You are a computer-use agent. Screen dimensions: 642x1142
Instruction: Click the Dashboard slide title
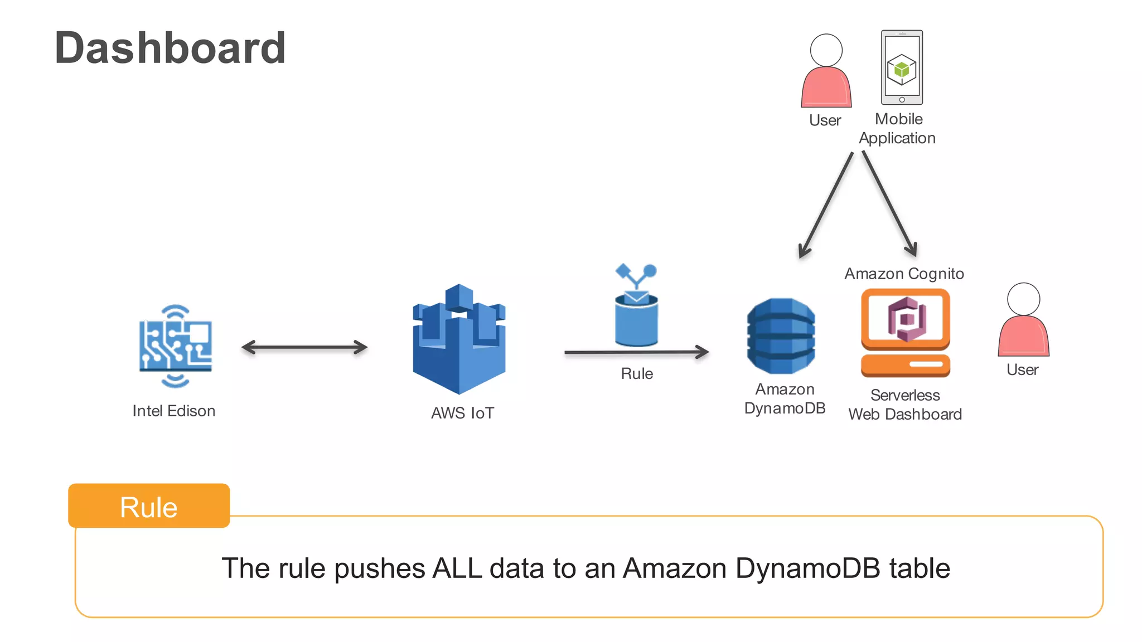[170, 48]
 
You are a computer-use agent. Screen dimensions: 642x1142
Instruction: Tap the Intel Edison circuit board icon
[175, 346]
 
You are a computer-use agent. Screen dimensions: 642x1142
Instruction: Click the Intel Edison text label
[173, 411]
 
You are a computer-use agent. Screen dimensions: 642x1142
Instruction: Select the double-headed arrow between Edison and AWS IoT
[304, 347]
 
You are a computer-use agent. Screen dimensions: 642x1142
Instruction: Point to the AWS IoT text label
[462, 413]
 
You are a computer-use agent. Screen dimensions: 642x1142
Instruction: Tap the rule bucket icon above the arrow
[636, 312]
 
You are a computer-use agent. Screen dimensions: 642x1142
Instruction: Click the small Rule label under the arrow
[637, 373]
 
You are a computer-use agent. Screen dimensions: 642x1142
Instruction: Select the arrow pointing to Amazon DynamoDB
[636, 352]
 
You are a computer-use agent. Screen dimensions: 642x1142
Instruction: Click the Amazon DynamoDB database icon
[781, 335]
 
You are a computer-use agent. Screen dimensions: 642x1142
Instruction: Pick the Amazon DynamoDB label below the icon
[785, 398]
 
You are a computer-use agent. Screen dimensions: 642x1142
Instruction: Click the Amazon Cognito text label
[904, 274]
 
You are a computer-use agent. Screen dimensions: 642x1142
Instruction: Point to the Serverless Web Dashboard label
[905, 405]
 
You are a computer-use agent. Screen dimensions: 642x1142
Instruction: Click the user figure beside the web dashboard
[1023, 321]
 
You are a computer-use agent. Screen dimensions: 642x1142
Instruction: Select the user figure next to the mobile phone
[826, 71]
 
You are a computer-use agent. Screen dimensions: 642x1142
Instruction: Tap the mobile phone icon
[902, 67]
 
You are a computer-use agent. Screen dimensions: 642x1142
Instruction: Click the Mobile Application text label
[898, 128]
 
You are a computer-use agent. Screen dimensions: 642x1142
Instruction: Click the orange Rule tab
[149, 506]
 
